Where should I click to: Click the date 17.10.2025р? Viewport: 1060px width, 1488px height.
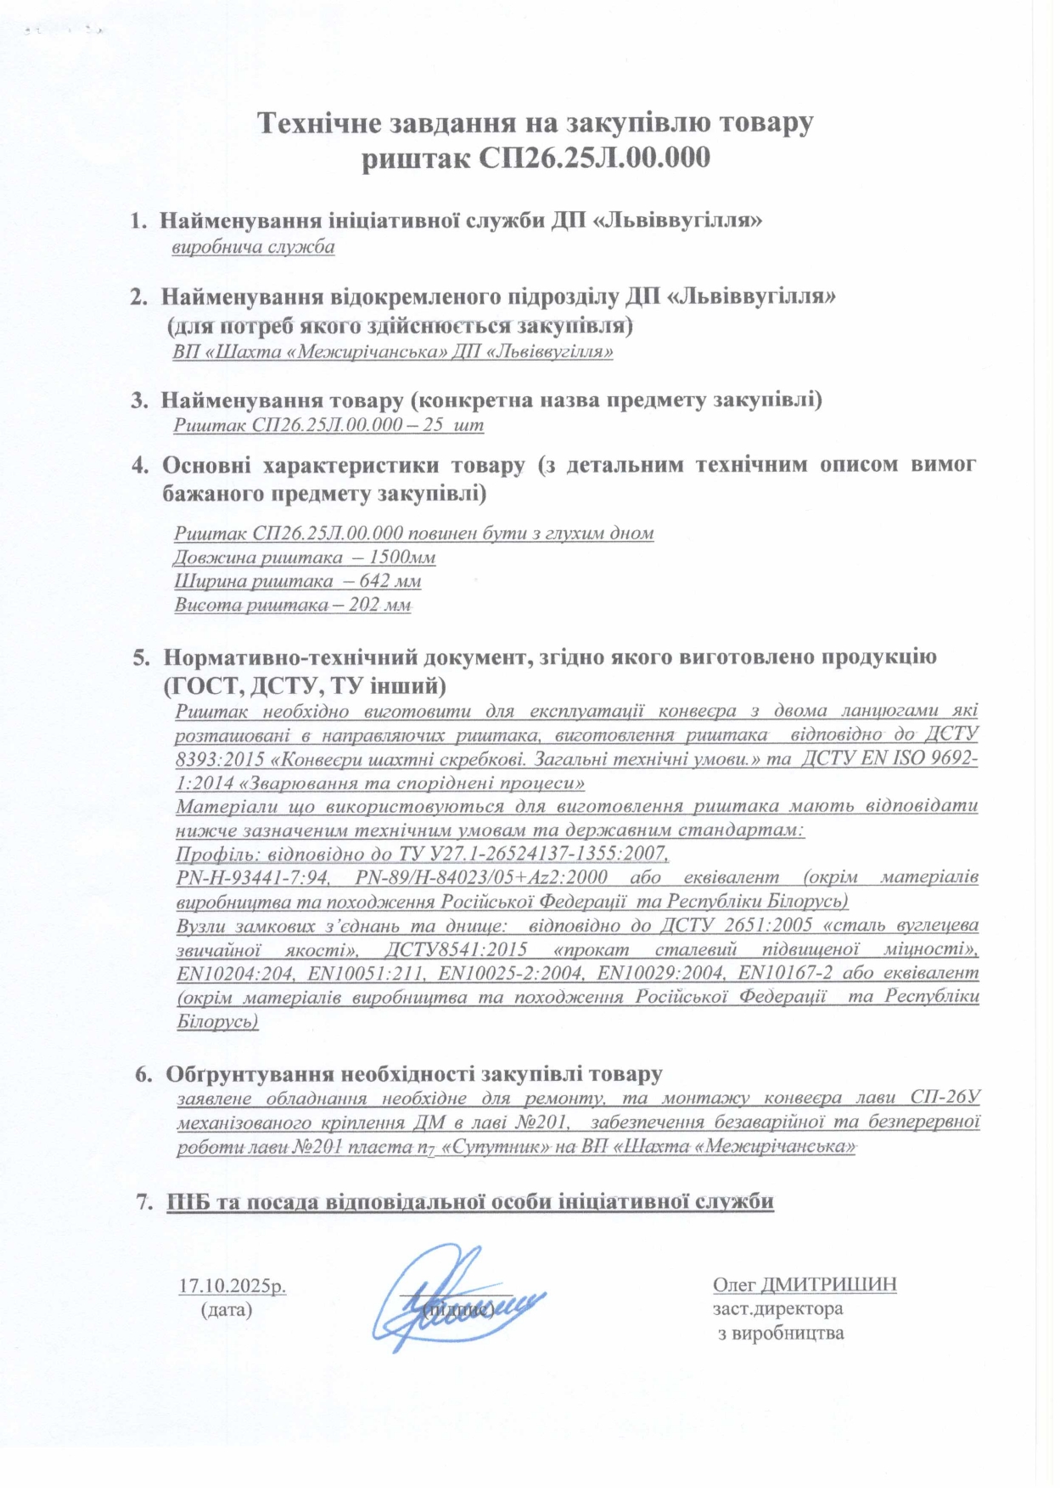(232, 1285)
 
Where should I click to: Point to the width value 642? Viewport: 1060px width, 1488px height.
(374, 581)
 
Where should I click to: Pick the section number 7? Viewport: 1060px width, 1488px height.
(144, 1201)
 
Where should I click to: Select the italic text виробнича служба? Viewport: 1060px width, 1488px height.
(253, 248)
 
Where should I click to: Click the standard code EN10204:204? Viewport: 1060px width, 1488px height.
(235, 972)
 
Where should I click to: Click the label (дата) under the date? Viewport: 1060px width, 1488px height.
(227, 1309)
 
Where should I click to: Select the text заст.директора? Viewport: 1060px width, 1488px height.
(777, 1308)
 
